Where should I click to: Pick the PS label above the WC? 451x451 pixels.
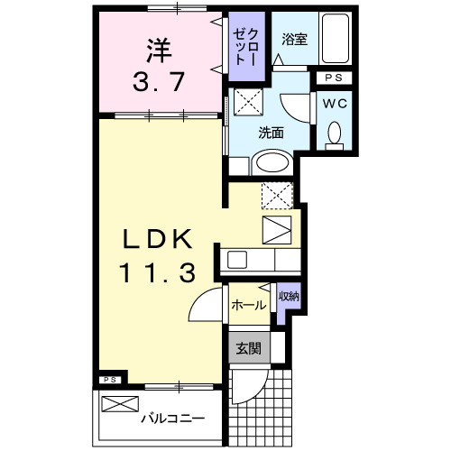click(335, 79)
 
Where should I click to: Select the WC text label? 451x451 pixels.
click(335, 103)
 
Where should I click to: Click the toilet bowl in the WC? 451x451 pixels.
click(335, 133)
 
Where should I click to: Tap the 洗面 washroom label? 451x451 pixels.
click(271, 132)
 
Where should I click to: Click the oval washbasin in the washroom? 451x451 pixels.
click(270, 163)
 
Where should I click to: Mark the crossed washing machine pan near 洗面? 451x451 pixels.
click(247, 101)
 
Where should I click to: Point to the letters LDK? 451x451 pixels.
click(158, 240)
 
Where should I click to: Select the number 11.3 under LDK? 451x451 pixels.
click(158, 272)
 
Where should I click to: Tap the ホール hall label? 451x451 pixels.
click(248, 305)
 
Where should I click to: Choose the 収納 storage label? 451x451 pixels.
click(288, 296)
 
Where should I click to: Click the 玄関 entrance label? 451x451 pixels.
click(248, 347)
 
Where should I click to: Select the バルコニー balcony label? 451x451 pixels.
click(171, 419)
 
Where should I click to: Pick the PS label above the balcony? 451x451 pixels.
click(108, 380)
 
